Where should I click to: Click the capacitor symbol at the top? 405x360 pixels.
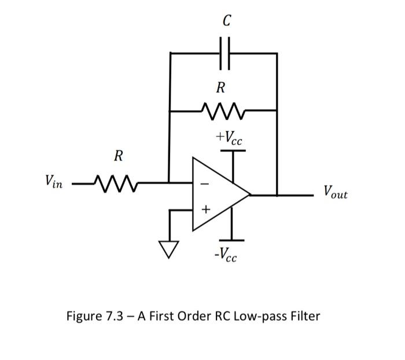tap(225, 53)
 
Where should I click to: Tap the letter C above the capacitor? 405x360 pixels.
tap(226, 21)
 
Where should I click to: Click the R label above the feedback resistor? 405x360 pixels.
tap(220, 88)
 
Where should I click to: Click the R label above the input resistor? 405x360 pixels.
tap(118, 156)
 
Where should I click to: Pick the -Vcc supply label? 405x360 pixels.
tap(224, 254)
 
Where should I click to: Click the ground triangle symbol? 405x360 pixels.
tap(169, 249)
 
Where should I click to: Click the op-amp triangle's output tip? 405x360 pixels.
tap(249, 195)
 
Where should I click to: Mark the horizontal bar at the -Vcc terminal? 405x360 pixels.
tap(232, 240)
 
